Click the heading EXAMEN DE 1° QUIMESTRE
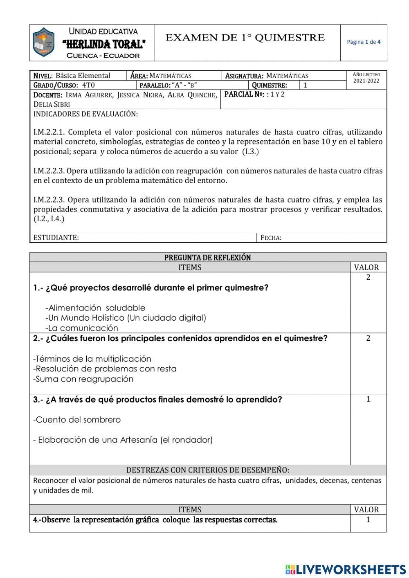click(245, 38)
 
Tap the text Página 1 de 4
click(364, 42)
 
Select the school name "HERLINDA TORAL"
click(104, 44)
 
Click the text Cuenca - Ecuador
click(103, 56)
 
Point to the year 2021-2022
click(366, 81)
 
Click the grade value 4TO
click(88, 85)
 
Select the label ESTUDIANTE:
click(56, 238)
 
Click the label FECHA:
click(271, 238)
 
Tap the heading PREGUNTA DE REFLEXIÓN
click(207, 257)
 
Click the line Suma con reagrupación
click(84, 379)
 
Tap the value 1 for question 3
click(368, 399)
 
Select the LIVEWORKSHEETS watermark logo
click(346, 569)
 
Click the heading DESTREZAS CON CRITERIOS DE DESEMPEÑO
click(207, 470)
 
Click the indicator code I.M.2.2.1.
click(49, 132)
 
